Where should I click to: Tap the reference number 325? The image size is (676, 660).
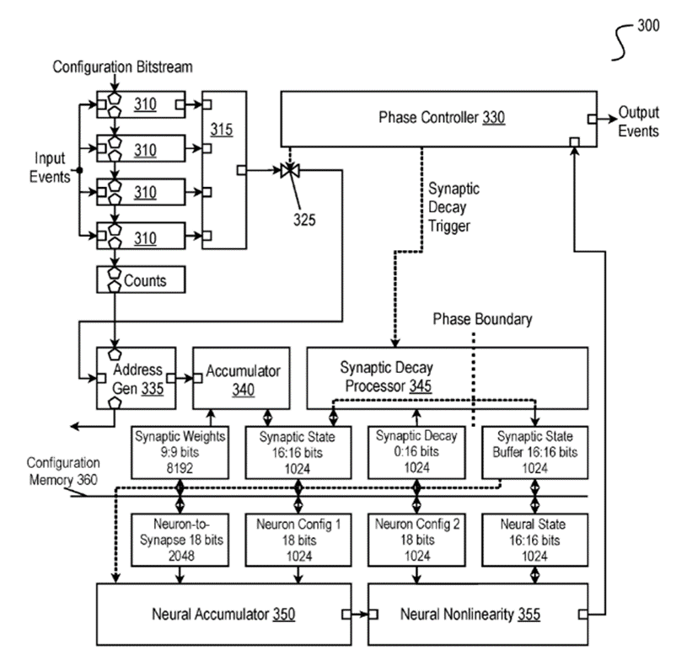(304, 221)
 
